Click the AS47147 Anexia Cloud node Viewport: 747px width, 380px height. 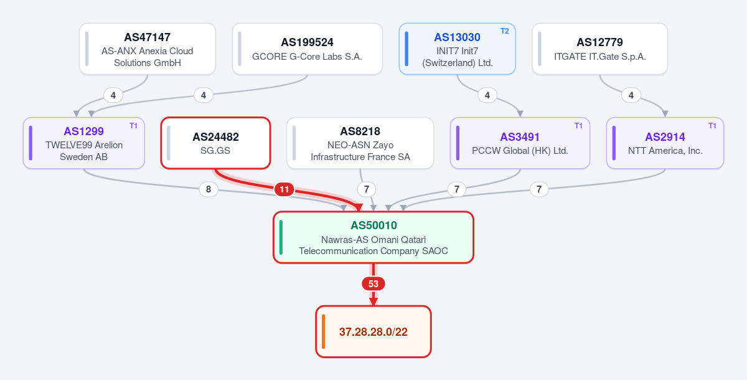[x=148, y=49]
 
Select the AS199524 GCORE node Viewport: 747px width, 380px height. [x=307, y=49]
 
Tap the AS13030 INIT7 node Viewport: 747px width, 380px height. [x=457, y=49]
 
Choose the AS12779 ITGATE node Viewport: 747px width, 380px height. [x=599, y=49]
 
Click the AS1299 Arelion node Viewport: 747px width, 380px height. [x=83, y=143]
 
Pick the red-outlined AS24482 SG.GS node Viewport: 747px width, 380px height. [x=215, y=143]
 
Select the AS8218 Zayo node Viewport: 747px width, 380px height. [x=360, y=143]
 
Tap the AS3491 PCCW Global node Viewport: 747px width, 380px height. [x=520, y=143]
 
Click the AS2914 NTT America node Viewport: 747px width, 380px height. [x=665, y=143]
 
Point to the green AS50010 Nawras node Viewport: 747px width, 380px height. [x=373, y=237]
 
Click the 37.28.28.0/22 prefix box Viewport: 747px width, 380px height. [x=373, y=331]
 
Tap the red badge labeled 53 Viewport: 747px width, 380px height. [x=373, y=284]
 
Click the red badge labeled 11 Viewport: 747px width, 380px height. [x=284, y=189]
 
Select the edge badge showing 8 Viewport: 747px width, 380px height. [x=209, y=189]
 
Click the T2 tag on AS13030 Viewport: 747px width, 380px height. [x=505, y=31]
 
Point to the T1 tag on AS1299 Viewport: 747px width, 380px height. [x=133, y=126]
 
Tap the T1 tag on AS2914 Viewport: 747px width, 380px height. [x=712, y=126]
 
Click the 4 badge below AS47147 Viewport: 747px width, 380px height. [x=113, y=95]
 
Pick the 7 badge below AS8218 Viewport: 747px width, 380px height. [x=367, y=189]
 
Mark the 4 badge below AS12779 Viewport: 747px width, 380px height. [x=631, y=95]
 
